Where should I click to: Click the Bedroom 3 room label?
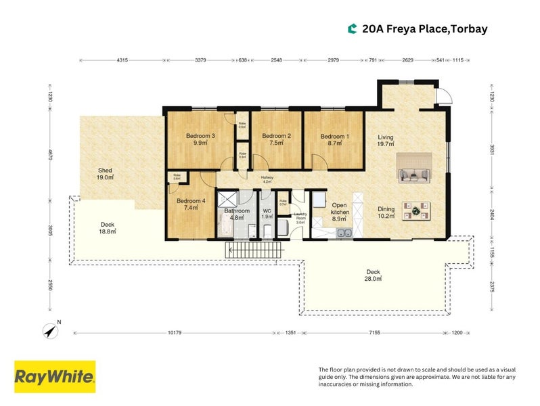pyautogui.click(x=200, y=139)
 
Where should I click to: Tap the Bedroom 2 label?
pyautogui.click(x=276, y=139)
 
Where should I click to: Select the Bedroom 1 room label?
pyautogui.click(x=335, y=139)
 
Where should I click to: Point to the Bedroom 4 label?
pyautogui.click(x=191, y=204)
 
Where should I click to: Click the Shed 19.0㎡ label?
pyautogui.click(x=105, y=174)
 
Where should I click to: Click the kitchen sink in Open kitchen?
pyautogui.click(x=344, y=234)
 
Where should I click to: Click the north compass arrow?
pyautogui.click(x=50, y=331)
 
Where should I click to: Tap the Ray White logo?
pyautogui.click(x=55, y=376)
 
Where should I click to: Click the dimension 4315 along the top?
pyautogui.click(x=122, y=60)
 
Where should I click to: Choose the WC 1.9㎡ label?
pyautogui.click(x=267, y=214)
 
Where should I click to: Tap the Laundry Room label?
pyautogui.click(x=300, y=218)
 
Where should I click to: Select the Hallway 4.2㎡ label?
pyautogui.click(x=267, y=179)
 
